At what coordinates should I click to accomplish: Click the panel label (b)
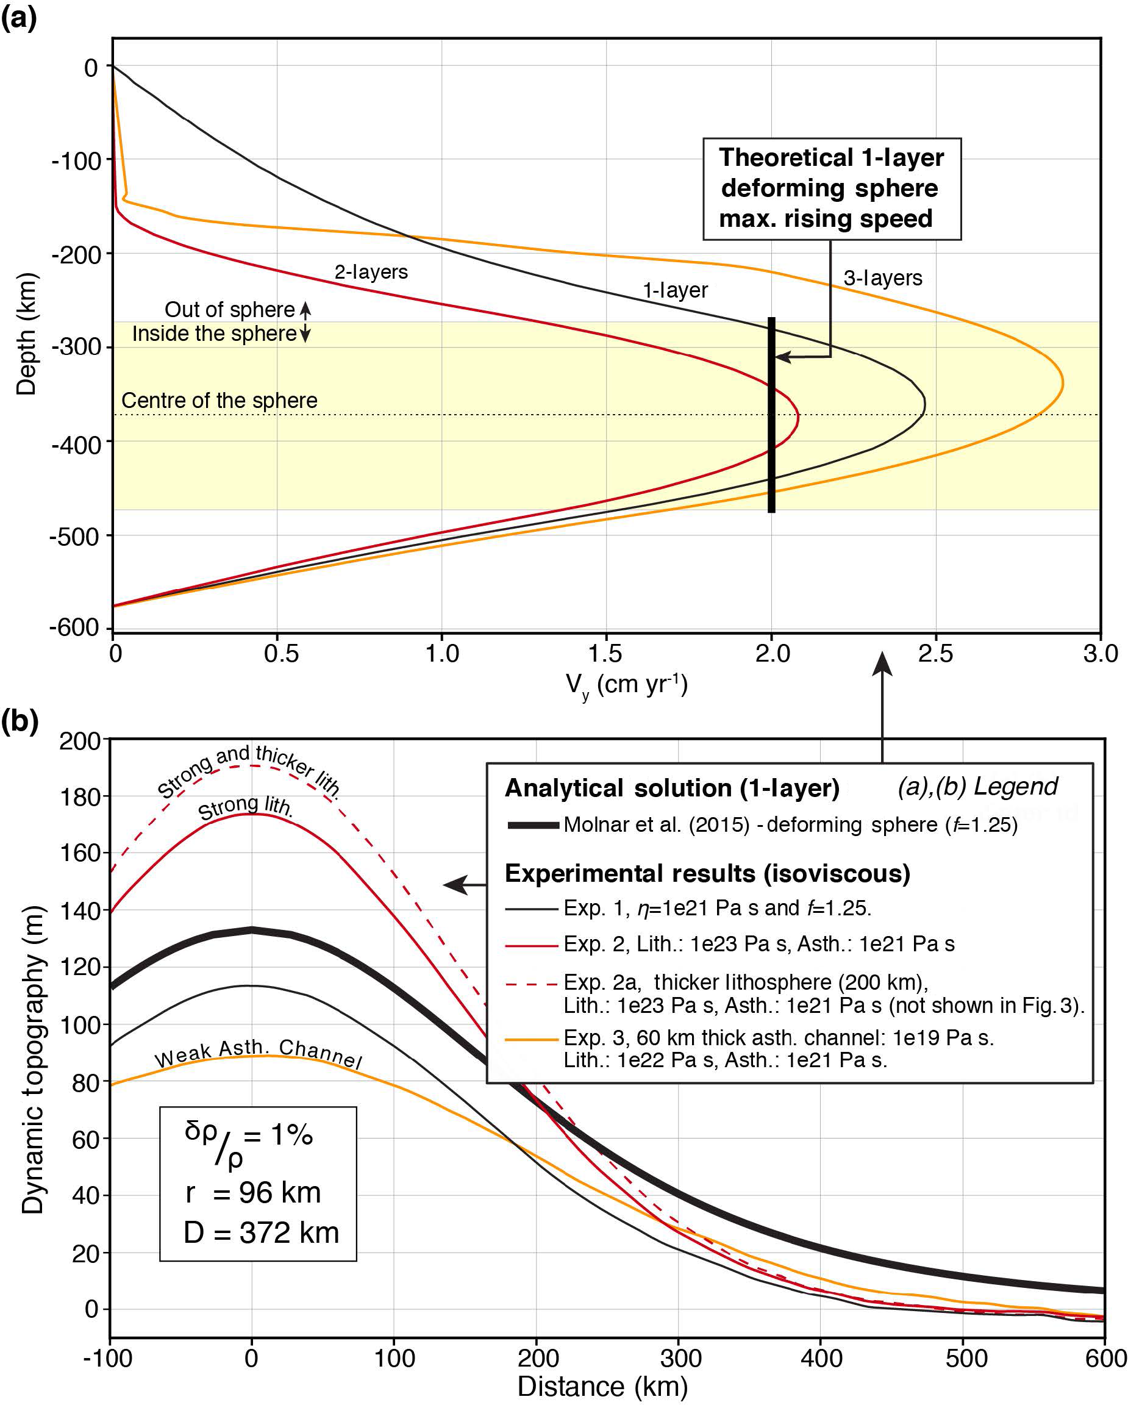20,721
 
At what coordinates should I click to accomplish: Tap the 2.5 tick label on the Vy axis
935,653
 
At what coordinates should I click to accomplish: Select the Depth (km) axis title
26,334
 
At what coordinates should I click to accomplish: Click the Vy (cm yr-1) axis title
626,685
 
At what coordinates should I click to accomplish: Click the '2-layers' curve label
371,272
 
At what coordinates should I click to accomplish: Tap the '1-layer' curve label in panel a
674,290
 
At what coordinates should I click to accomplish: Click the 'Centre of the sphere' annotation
219,400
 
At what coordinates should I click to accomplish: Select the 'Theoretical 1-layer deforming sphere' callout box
831,188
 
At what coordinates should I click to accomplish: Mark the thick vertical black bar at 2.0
771,415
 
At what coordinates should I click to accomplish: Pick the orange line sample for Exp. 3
531,1039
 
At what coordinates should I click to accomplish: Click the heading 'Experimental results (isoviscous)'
707,873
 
